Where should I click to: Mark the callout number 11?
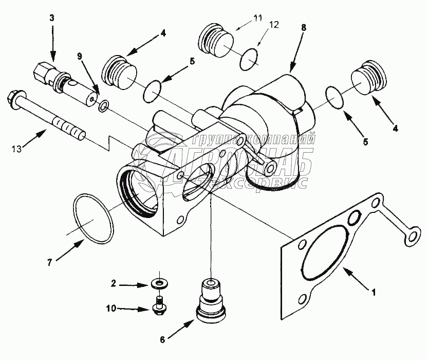[257, 20]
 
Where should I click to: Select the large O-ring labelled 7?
[93, 218]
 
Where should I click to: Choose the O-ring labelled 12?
[250, 58]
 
